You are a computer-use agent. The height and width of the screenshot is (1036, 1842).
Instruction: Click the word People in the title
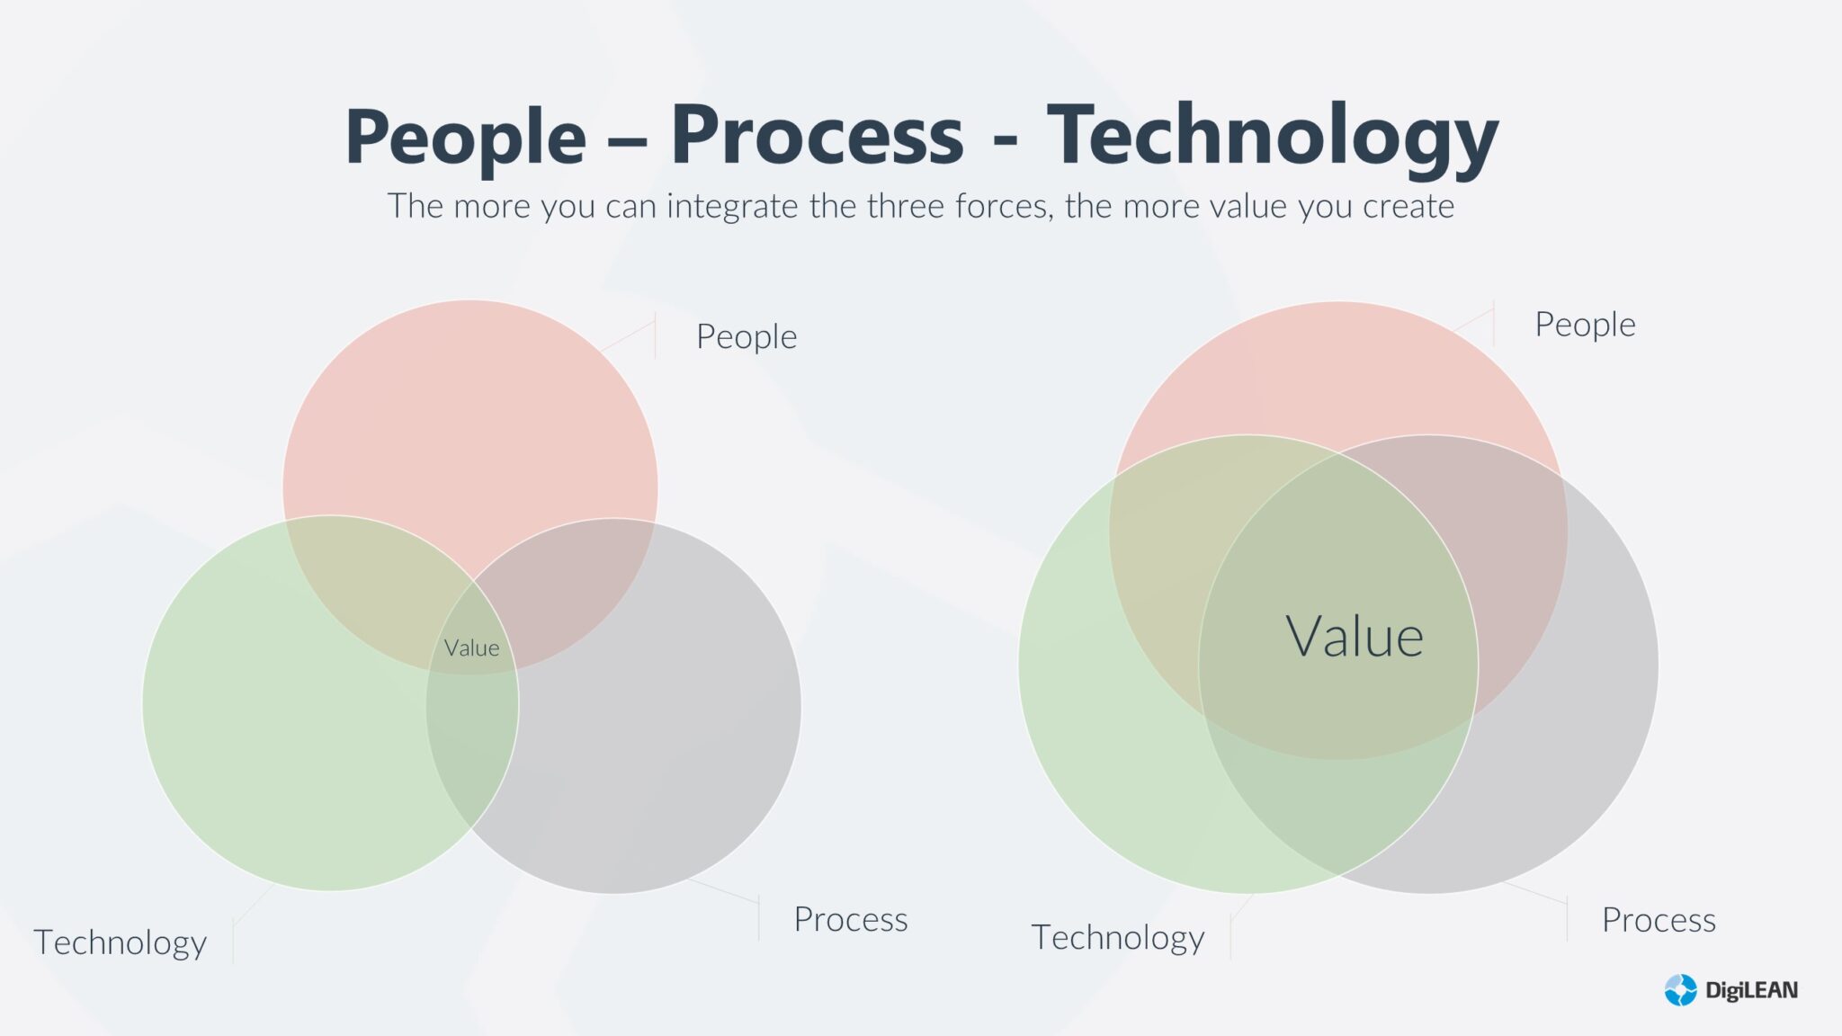pyautogui.click(x=465, y=137)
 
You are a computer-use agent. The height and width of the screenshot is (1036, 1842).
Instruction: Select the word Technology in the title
pyautogui.click(x=1272, y=137)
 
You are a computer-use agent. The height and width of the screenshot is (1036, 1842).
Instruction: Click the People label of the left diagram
pyautogui.click(x=746, y=336)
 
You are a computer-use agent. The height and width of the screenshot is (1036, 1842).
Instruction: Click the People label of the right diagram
pyautogui.click(x=1584, y=325)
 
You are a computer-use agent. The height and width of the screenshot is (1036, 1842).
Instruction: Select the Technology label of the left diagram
pyautogui.click(x=120, y=942)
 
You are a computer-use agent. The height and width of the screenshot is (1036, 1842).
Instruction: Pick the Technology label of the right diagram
pyautogui.click(x=1117, y=937)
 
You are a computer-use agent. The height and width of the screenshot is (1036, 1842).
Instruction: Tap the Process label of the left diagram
pyautogui.click(x=850, y=919)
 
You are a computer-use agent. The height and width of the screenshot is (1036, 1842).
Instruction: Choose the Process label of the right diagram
pyautogui.click(x=1658, y=920)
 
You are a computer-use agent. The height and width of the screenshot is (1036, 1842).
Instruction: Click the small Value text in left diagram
pyautogui.click(x=471, y=647)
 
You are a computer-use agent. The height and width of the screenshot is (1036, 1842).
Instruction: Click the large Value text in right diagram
pyautogui.click(x=1354, y=637)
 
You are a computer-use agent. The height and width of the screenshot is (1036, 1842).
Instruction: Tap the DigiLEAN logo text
pyautogui.click(x=1750, y=990)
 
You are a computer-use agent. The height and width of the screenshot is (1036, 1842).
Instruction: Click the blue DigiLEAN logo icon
pyautogui.click(x=1680, y=990)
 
